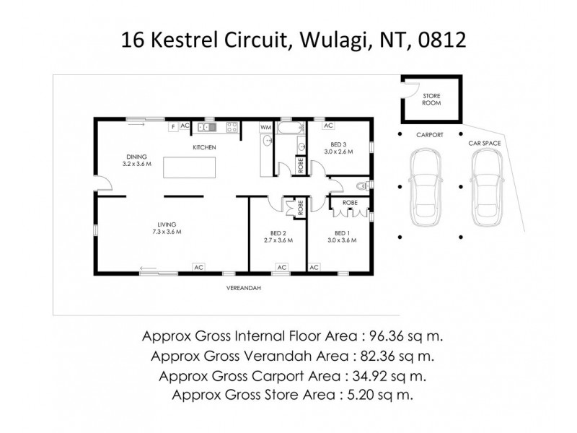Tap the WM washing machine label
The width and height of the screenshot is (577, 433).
click(266, 127)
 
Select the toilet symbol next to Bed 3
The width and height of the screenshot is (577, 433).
click(370, 185)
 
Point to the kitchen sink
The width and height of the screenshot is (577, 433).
click(206, 127)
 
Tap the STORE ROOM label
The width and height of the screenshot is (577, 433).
click(431, 99)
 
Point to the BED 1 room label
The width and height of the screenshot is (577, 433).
click(342, 232)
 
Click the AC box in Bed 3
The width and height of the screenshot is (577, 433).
click(328, 126)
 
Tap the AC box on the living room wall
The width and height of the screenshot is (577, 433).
click(197, 267)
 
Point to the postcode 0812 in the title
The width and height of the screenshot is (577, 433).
click(442, 39)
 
